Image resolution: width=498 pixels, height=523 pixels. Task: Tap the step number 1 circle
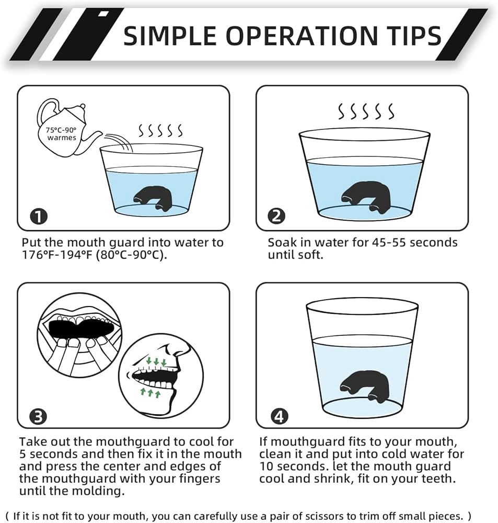[x=39, y=217]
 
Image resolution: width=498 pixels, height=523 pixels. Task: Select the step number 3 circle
[x=38, y=417]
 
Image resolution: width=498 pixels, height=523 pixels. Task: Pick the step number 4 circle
[x=279, y=417]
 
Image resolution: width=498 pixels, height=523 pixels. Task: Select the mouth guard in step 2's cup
[x=364, y=196]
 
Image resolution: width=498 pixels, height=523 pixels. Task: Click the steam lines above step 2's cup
[x=366, y=111]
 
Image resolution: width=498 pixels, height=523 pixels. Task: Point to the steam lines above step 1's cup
[x=160, y=130]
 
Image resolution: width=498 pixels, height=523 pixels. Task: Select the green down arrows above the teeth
[x=156, y=361]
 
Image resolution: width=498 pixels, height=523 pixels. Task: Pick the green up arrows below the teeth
[x=149, y=392]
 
